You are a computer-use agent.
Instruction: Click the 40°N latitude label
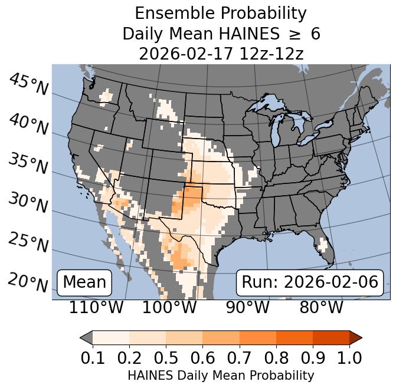[28, 124]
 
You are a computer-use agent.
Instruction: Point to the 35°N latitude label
[28, 163]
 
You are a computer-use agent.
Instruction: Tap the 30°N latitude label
[28, 203]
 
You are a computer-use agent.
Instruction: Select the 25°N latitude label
[28, 242]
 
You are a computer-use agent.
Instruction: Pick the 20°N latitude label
[28, 282]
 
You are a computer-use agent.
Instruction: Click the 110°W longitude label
[96, 307]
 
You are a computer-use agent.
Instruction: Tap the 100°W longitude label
[169, 307]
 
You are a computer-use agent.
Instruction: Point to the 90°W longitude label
[247, 307]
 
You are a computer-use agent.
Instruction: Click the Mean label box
[84, 282]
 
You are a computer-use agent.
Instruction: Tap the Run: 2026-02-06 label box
[310, 282]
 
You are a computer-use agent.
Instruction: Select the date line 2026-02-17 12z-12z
[221, 54]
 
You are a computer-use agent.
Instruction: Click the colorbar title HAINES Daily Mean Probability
[221, 375]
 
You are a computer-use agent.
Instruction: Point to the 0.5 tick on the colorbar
[166, 357]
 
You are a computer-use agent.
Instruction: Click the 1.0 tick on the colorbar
[349, 357]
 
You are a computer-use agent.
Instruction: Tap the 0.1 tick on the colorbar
[93, 357]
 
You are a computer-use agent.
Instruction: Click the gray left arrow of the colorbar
[86, 337]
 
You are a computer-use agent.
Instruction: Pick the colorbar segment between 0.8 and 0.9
[294, 337]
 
